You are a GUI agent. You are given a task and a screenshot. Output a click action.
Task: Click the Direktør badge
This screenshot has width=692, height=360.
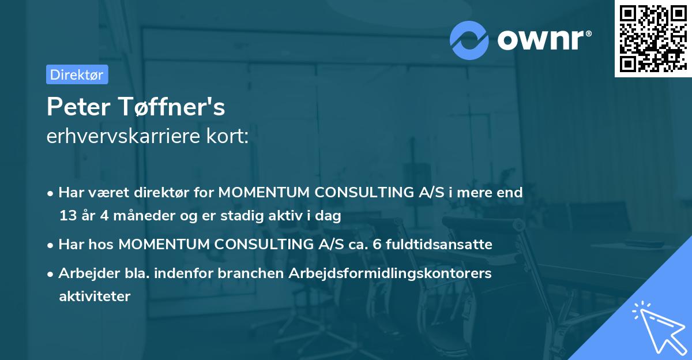coord(77,74)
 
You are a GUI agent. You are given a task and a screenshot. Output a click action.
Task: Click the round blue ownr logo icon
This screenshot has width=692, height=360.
coord(469,40)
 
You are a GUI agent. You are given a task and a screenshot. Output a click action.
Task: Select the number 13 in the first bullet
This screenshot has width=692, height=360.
coord(67,216)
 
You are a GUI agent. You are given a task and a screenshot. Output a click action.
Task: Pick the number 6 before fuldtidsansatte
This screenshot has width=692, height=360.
coord(377,245)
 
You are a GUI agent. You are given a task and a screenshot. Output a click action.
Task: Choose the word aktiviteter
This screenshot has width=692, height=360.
coord(95,297)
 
